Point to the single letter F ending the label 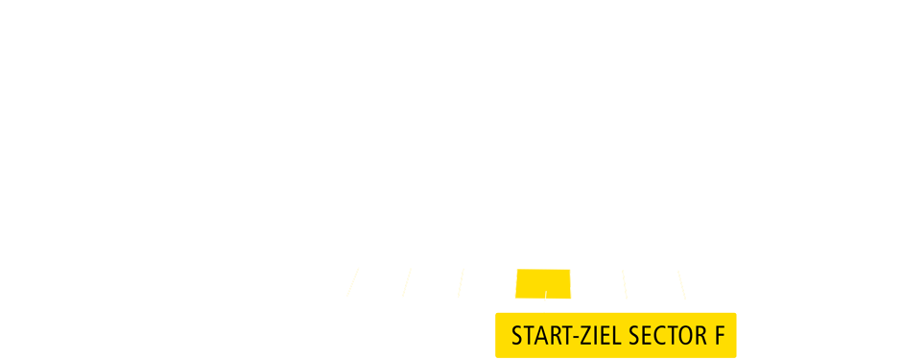coord(719,336)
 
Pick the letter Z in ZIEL coord(584,336)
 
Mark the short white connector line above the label coord(545,300)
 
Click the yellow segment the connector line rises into coord(544,283)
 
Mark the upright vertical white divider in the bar coord(571,283)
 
